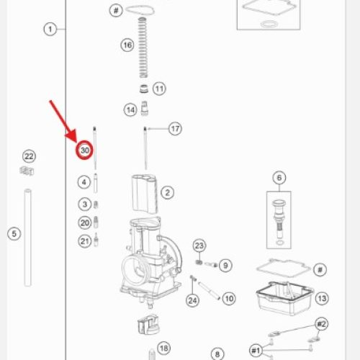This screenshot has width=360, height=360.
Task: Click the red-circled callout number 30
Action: pyautogui.click(x=84, y=150)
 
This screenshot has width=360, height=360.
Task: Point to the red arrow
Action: pyautogui.click(x=63, y=122)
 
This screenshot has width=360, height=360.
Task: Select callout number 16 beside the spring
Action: pyautogui.click(x=127, y=45)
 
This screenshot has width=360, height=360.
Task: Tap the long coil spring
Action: pyautogui.click(x=143, y=48)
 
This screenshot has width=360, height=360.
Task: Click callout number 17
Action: pyautogui.click(x=175, y=129)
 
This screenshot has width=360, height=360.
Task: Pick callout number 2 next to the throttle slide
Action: pyautogui.click(x=167, y=192)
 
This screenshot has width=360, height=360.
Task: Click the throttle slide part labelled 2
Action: pyautogui.click(x=145, y=194)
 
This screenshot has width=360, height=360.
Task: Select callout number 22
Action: pyautogui.click(x=29, y=156)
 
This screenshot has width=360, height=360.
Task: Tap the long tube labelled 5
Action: pyautogui.click(x=27, y=238)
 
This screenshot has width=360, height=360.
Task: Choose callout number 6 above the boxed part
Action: pyautogui.click(x=279, y=178)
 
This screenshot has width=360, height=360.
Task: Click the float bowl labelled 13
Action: pyautogui.click(x=284, y=298)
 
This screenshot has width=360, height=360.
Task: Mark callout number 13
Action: pyautogui.click(x=322, y=298)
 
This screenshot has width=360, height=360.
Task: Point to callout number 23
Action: pyautogui.click(x=199, y=246)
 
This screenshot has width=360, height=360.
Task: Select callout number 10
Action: pyautogui.click(x=229, y=299)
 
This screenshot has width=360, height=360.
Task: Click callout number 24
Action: pyautogui.click(x=193, y=300)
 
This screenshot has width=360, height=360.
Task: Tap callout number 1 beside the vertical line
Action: pyautogui.click(x=50, y=30)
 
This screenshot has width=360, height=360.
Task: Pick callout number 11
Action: pyautogui.click(x=159, y=89)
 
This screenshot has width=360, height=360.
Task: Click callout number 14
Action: pyautogui.click(x=130, y=110)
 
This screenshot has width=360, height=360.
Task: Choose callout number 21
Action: pyautogui.click(x=85, y=241)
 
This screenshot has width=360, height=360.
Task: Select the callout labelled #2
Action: pyautogui.click(x=322, y=324)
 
